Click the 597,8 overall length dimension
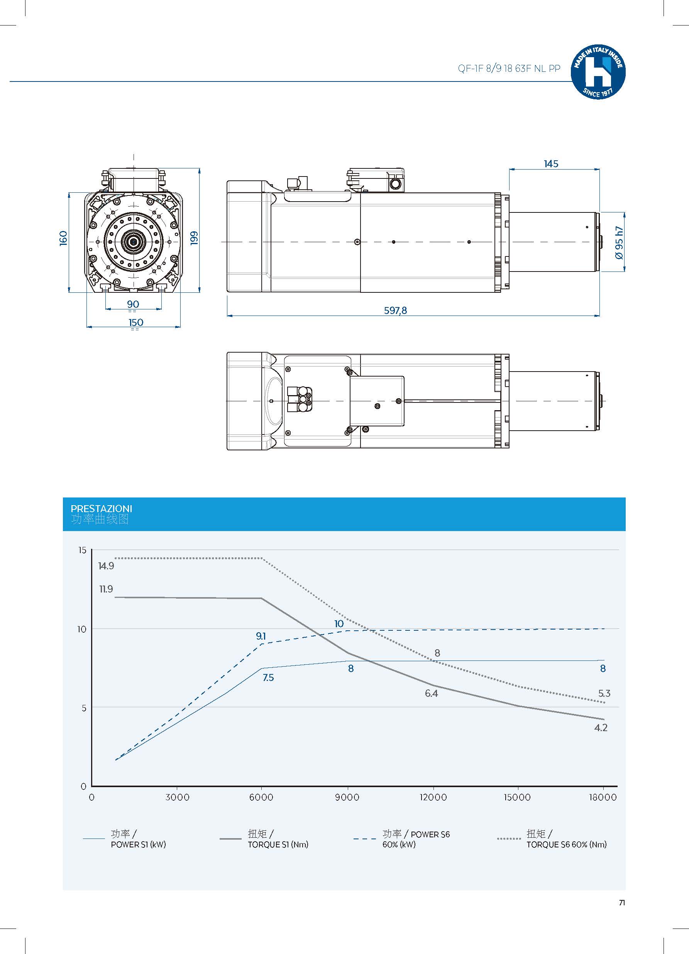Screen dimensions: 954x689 tap(395, 311)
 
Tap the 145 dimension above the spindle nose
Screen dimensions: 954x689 tap(551, 164)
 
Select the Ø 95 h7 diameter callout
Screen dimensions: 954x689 tap(619, 243)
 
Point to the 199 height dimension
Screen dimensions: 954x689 tap(194, 238)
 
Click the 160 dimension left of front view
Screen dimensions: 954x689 tap(63, 238)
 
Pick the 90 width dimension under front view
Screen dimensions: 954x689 tap(133, 304)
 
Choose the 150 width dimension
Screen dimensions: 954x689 tap(136, 322)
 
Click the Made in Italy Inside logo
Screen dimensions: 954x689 tap(598, 72)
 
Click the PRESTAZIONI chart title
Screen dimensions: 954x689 tap(101, 509)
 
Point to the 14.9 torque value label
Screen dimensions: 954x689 tap(106, 566)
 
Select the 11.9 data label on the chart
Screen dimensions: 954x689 tap(106, 589)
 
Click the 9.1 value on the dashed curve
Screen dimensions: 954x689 tap(261, 636)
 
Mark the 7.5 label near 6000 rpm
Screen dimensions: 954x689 tap(268, 677)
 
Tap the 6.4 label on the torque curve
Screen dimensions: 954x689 tap(431, 693)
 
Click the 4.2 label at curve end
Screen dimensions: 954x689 tap(601, 728)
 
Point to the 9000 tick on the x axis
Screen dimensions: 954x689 tap(347, 797)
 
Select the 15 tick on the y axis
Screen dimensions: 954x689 tap(82, 550)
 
